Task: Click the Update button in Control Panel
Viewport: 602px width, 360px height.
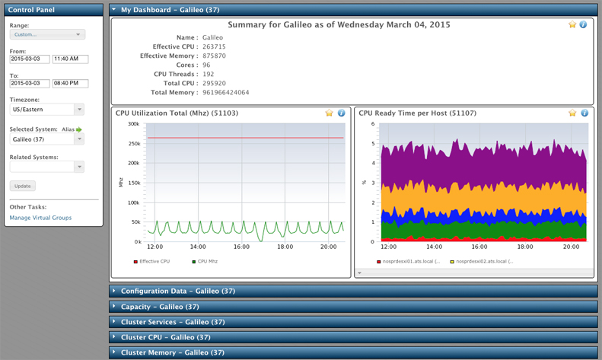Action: click(23, 186)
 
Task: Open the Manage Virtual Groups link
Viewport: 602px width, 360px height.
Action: click(40, 218)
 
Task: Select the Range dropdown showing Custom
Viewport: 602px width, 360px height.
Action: click(47, 34)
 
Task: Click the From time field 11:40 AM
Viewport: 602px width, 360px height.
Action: click(71, 59)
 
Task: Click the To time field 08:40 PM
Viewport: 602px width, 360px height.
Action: click(71, 83)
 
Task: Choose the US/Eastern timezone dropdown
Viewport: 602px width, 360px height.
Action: click(47, 110)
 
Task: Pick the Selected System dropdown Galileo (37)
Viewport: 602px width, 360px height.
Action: click(47, 139)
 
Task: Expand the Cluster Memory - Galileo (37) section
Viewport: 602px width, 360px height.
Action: click(172, 352)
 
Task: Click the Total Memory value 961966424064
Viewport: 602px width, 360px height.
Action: click(225, 92)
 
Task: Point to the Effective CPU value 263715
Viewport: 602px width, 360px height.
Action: click(214, 46)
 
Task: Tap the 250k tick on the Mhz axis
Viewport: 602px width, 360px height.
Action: click(133, 143)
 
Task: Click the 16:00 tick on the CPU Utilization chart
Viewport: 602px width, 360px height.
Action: click(241, 247)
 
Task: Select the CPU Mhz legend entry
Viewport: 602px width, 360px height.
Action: click(207, 261)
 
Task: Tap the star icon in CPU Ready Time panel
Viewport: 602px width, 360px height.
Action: click(572, 113)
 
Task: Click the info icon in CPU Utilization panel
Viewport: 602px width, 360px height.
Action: click(341, 113)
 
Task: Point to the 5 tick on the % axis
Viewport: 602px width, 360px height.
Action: click(372, 143)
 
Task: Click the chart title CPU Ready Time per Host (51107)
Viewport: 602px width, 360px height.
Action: click(417, 113)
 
